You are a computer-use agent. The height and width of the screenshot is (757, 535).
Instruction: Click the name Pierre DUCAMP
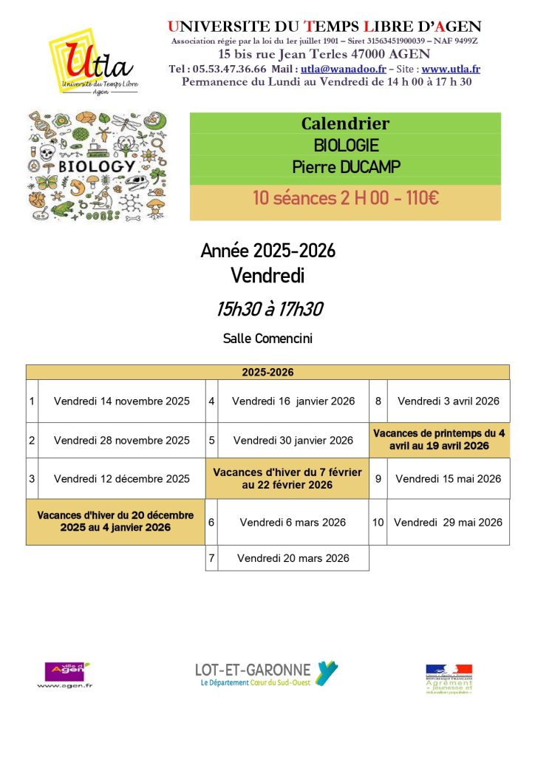coord(345,167)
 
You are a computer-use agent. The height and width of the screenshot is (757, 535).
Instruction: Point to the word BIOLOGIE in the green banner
coord(345,145)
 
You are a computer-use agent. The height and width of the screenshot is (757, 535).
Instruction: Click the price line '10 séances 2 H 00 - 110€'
coord(345,198)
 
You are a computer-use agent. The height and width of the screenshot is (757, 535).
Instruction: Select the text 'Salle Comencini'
coord(267,339)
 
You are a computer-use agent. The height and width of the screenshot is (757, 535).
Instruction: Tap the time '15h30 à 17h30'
coord(269,309)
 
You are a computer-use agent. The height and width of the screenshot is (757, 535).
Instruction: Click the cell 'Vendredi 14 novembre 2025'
coord(121,401)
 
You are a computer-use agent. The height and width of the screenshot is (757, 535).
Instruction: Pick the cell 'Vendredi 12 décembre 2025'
coord(121,478)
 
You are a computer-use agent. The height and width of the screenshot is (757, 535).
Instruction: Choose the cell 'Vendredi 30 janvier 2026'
coord(293,440)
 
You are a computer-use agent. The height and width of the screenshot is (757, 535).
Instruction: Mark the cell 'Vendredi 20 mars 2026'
coord(293,558)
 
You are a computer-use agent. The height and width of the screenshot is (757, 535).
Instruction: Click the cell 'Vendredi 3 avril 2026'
coord(449,401)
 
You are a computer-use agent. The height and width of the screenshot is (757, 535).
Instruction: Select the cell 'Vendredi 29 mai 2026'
coord(448,522)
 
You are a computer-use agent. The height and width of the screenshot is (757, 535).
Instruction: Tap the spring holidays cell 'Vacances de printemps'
coord(439,440)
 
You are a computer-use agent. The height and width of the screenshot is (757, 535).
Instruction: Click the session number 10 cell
coord(378,522)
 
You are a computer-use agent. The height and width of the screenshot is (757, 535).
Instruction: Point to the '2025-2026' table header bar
coord(267,373)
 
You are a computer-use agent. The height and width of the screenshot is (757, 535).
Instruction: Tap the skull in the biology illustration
coord(47,153)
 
